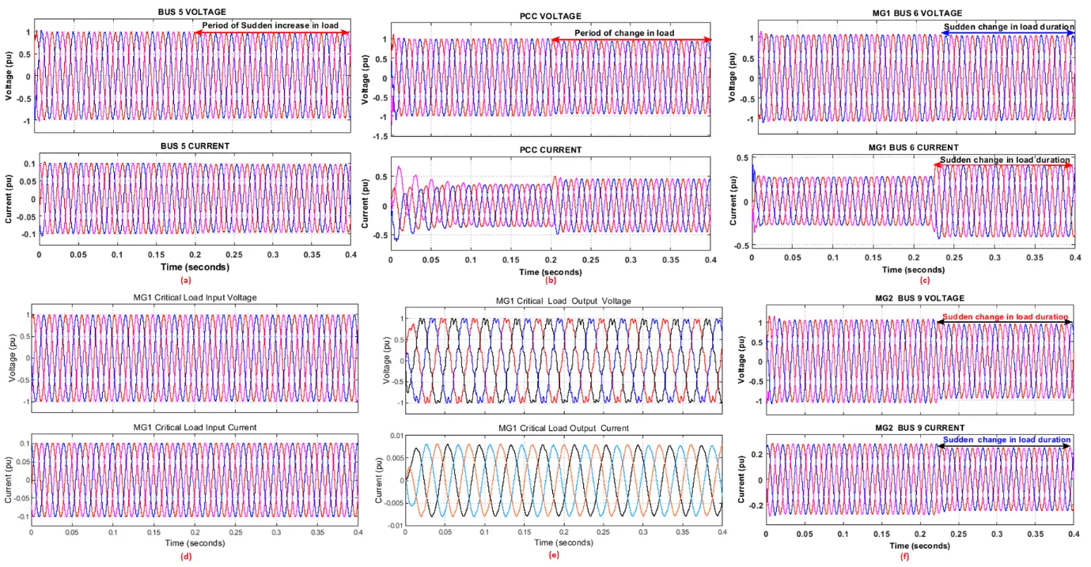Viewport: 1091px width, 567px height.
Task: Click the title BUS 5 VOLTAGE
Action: click(192, 12)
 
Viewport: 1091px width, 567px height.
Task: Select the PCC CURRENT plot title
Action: click(551, 150)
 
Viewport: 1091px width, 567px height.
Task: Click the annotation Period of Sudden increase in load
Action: click(270, 25)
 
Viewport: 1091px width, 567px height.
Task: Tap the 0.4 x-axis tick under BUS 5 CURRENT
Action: click(349, 255)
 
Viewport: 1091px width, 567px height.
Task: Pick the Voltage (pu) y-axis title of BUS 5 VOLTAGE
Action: click(8, 76)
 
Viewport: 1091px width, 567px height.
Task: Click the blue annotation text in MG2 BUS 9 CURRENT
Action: click(1006, 440)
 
